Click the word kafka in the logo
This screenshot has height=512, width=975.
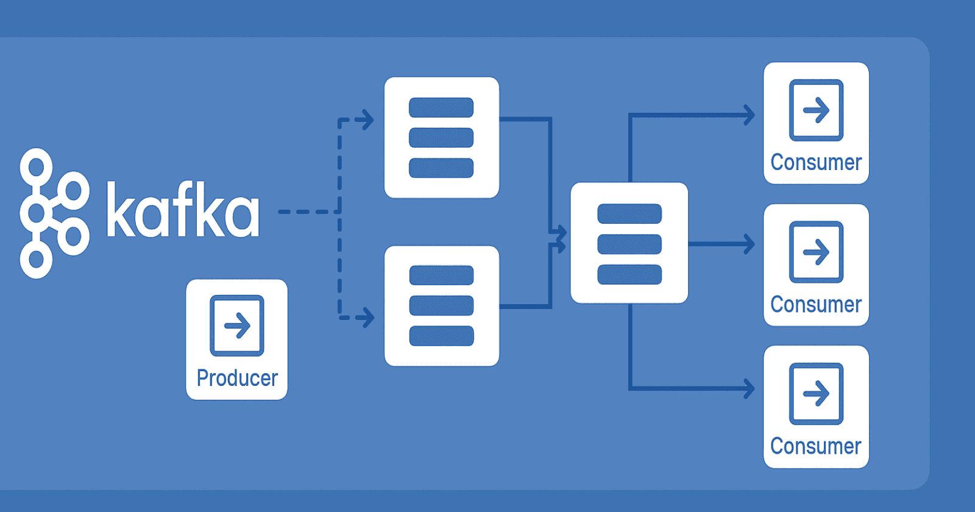coord(183,210)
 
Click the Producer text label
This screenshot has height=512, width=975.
coord(237,378)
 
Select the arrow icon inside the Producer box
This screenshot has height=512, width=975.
coord(237,325)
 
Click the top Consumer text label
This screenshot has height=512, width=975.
coord(816,163)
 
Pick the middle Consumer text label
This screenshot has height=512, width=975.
coord(816,304)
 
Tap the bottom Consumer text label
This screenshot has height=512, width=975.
coord(816,446)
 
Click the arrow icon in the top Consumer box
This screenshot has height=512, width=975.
coord(816,110)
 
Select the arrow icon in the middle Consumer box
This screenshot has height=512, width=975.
coord(816,252)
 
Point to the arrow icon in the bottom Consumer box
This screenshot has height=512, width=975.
coord(816,394)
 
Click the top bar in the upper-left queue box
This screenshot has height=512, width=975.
coord(441,107)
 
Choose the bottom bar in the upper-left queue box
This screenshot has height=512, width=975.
coord(441,168)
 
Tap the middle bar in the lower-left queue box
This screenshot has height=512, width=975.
coord(441,305)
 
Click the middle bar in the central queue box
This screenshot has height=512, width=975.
coord(629,244)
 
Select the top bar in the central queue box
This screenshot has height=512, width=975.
coord(629,214)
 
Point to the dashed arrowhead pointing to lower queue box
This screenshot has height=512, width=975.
coord(366,317)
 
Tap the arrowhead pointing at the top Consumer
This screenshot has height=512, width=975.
coord(749,115)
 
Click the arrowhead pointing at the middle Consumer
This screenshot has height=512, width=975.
coord(749,244)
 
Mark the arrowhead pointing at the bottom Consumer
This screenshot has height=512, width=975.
coord(749,388)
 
